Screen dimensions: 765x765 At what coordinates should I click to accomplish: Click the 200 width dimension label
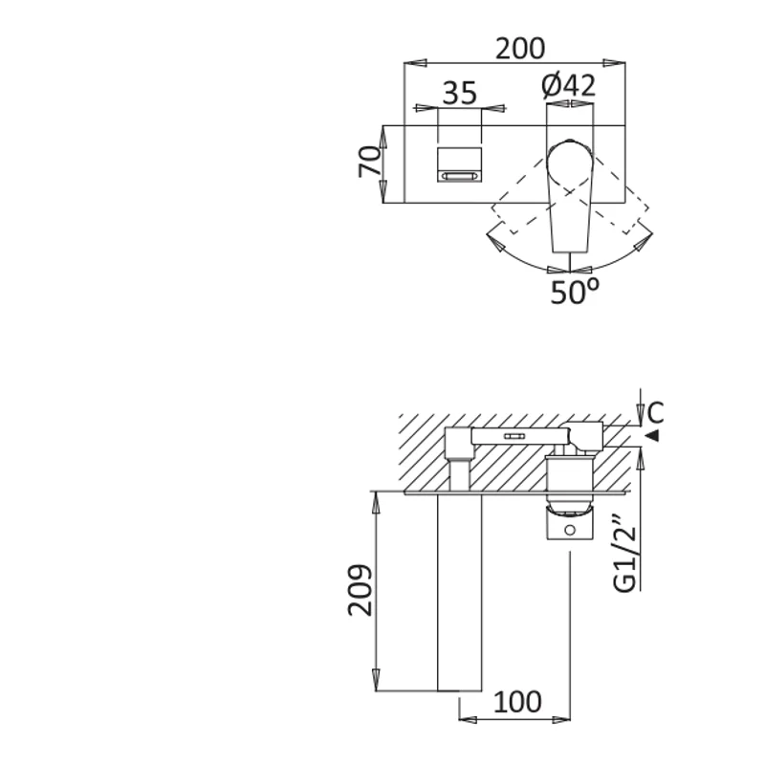pos(520,49)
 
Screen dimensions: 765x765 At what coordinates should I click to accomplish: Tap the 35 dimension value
pos(459,93)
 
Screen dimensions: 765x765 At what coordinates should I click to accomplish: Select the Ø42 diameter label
pos(569,85)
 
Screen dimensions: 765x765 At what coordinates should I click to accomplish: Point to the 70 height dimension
pos(370,161)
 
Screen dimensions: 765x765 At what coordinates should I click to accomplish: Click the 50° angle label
pos(575,292)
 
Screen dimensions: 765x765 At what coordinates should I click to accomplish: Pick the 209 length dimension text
pos(361,590)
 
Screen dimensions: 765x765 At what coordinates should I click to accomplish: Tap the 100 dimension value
pos(517,702)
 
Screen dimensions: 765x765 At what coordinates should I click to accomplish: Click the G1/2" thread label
pos(625,553)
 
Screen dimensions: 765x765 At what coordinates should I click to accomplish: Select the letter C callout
pos(655,412)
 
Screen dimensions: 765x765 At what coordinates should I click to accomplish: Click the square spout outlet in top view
pos(460,164)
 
